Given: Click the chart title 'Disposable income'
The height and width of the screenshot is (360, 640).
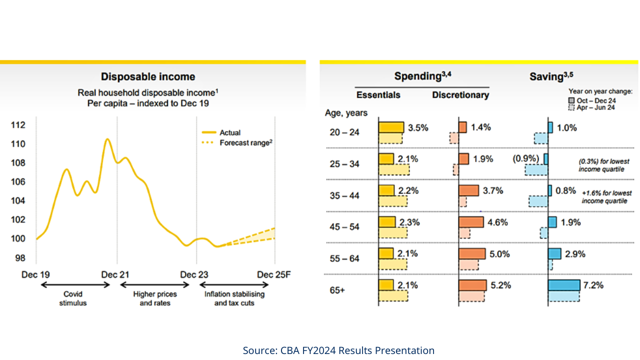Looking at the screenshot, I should (x=148, y=76).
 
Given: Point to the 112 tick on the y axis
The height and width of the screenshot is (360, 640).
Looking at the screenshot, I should (x=18, y=125).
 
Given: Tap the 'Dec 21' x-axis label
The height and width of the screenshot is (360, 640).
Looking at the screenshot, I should (x=116, y=274).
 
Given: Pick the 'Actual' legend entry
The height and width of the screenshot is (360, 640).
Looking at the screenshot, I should (x=229, y=132).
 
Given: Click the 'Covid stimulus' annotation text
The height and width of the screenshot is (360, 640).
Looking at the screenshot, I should (x=73, y=298).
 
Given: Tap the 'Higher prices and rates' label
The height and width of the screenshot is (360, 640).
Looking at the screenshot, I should (x=155, y=298).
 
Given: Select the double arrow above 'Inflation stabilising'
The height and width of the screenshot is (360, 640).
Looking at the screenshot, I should (x=234, y=285).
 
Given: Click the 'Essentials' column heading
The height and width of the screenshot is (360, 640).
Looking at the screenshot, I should (x=378, y=95).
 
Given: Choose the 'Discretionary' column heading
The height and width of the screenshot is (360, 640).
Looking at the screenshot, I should (x=460, y=95).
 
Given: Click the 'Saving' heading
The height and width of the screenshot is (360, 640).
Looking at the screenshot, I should (x=551, y=76).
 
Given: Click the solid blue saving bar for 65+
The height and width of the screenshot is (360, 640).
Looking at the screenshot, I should (x=564, y=285).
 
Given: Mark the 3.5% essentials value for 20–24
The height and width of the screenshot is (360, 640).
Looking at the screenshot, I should (x=418, y=127).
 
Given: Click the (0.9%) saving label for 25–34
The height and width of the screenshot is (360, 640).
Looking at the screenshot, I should (x=526, y=159).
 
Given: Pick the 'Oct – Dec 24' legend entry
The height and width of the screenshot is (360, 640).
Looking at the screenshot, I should (x=596, y=100).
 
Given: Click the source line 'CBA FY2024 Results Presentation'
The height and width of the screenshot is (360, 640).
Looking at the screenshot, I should (x=338, y=350).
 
